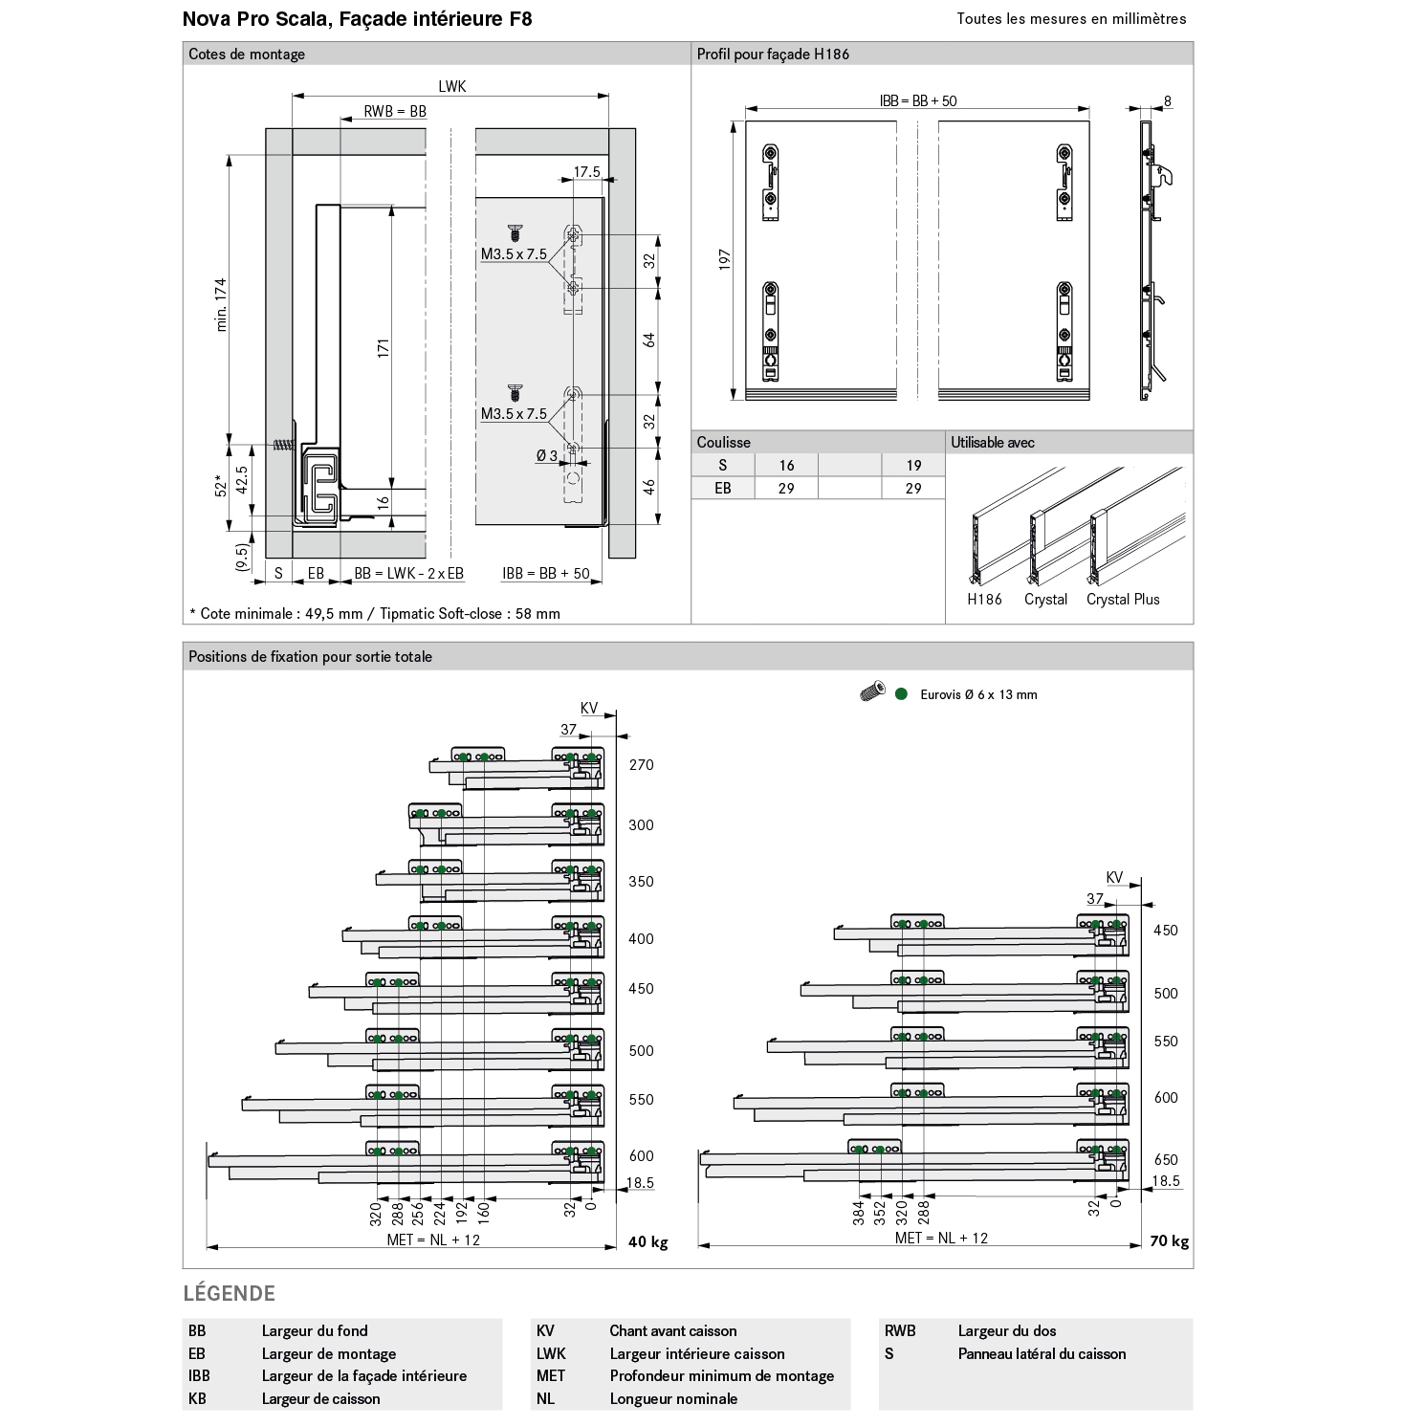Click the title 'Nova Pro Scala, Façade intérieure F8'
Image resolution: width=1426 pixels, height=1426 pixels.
pyautogui.click(x=357, y=19)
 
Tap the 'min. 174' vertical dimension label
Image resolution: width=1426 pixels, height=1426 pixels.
pyautogui.click(x=222, y=304)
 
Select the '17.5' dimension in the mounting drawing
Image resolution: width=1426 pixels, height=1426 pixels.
pyautogui.click(x=586, y=172)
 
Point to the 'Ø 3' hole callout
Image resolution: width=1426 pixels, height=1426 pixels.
pyautogui.click(x=547, y=455)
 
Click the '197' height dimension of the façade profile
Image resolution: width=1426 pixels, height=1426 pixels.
pyautogui.click(x=724, y=260)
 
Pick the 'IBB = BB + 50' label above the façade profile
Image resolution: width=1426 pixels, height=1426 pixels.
pyautogui.click(x=917, y=100)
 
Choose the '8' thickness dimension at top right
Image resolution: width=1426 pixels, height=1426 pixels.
pyautogui.click(x=1168, y=101)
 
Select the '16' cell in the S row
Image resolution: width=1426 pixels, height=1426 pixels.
pyautogui.click(x=786, y=466)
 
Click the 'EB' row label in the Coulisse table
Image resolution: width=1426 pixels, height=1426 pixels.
pyautogui.click(x=722, y=488)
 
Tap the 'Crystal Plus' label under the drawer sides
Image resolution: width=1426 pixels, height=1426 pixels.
pyautogui.click(x=1122, y=600)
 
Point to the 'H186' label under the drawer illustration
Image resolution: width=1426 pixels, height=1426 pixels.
pyautogui.click(x=984, y=600)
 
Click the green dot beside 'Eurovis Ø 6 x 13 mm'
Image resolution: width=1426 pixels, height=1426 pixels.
pyautogui.click(x=901, y=694)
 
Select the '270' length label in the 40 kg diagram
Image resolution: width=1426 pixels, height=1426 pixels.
pyautogui.click(x=641, y=765)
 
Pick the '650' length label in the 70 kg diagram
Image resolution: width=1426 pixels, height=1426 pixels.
pyautogui.click(x=1165, y=1160)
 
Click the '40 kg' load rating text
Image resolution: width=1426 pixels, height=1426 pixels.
pyautogui.click(x=647, y=1242)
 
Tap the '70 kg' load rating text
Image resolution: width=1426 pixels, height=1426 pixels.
pyautogui.click(x=1169, y=1241)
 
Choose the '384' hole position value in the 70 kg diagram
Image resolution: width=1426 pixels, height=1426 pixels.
pyautogui.click(x=858, y=1213)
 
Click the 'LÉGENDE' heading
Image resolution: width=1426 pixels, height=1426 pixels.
pyautogui.click(x=229, y=1294)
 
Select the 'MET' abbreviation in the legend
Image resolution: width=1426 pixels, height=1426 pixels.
pyautogui.click(x=550, y=1376)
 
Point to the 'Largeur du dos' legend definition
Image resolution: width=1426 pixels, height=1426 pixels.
pyautogui.click(x=1006, y=1331)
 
